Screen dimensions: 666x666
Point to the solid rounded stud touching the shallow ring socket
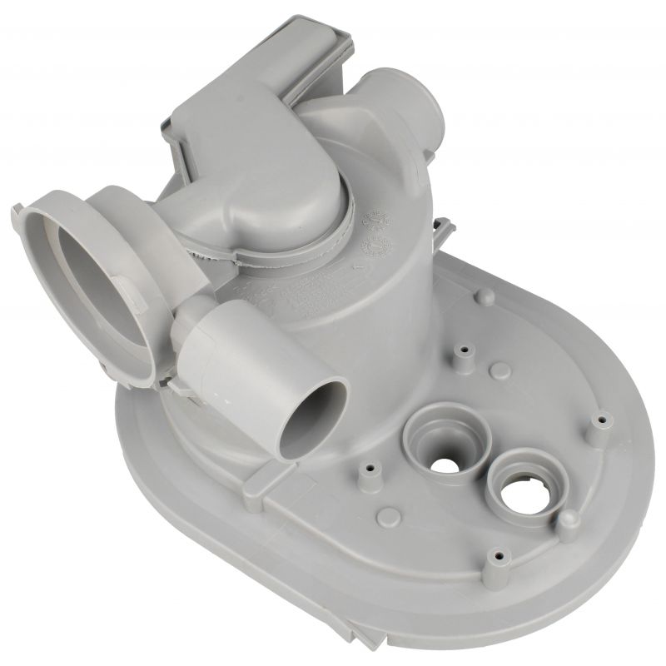pos(569,521)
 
